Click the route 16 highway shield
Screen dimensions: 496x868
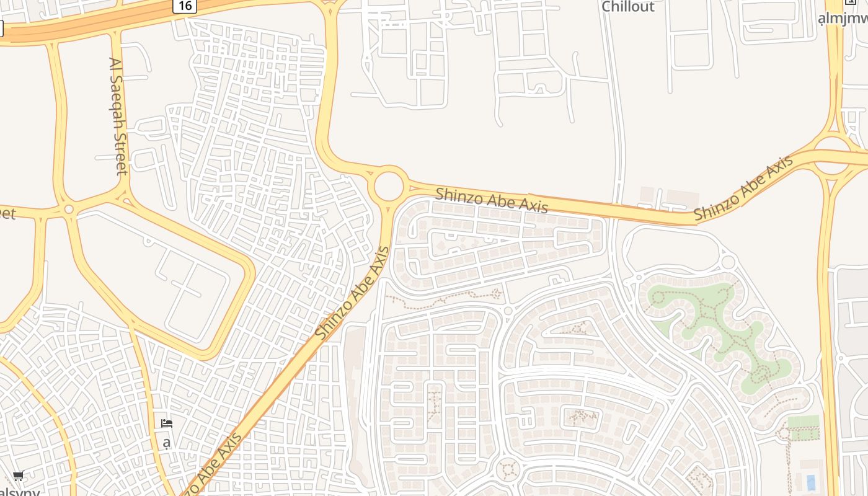click(x=185, y=6)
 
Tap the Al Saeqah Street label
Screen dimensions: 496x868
click(x=118, y=116)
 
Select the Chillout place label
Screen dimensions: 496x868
click(x=628, y=7)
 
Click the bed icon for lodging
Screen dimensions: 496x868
click(x=166, y=423)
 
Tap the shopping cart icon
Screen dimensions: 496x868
click(x=18, y=476)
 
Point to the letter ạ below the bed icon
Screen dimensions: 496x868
click(x=166, y=443)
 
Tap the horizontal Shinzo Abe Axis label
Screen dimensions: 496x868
click(x=492, y=200)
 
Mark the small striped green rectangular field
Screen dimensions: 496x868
click(x=803, y=428)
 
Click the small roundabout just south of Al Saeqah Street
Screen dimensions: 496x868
click(x=69, y=210)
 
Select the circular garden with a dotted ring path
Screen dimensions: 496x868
click(x=508, y=469)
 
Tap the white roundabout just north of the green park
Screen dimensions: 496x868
click(x=728, y=262)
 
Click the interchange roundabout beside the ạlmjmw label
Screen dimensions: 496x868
click(x=831, y=155)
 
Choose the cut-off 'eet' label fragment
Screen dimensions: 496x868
click(x=7, y=214)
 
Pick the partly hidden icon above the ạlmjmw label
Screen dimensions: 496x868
click(x=851, y=2)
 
